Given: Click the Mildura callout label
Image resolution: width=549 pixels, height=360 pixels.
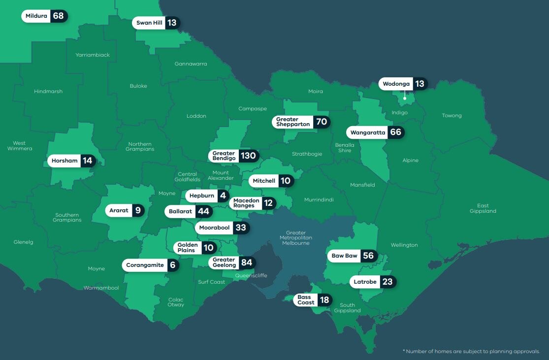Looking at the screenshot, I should [37, 16].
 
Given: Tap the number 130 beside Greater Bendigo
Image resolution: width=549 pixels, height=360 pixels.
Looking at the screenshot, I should [248, 156].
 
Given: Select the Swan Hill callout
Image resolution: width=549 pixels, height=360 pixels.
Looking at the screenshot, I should [149, 23].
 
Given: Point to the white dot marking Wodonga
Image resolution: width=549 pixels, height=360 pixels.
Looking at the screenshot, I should [405, 98].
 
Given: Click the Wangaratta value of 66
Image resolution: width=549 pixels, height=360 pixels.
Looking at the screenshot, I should [395, 132].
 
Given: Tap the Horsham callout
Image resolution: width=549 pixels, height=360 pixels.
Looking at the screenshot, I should [65, 161].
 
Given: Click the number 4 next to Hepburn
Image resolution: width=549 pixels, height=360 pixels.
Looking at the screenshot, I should [223, 196].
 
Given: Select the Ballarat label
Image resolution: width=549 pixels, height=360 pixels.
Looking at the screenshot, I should [180, 212].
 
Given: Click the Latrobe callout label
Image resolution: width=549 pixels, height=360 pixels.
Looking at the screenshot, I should [365, 282].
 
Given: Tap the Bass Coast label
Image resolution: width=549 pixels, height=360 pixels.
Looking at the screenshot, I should [306, 300].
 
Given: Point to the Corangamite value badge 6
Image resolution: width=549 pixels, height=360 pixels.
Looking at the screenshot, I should [172, 265].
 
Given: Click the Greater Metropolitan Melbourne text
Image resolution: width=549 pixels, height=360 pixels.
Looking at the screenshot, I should [295, 238].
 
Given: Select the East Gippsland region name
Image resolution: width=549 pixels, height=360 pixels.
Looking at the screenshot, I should [483, 208].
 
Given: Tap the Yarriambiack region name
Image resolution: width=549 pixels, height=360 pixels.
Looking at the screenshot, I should [93, 55].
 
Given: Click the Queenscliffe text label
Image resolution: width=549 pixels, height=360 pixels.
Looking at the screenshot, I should [251, 276].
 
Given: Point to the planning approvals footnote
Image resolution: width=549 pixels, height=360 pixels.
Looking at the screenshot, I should [471, 351].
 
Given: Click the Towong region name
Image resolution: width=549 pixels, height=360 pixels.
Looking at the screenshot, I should [452, 116].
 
